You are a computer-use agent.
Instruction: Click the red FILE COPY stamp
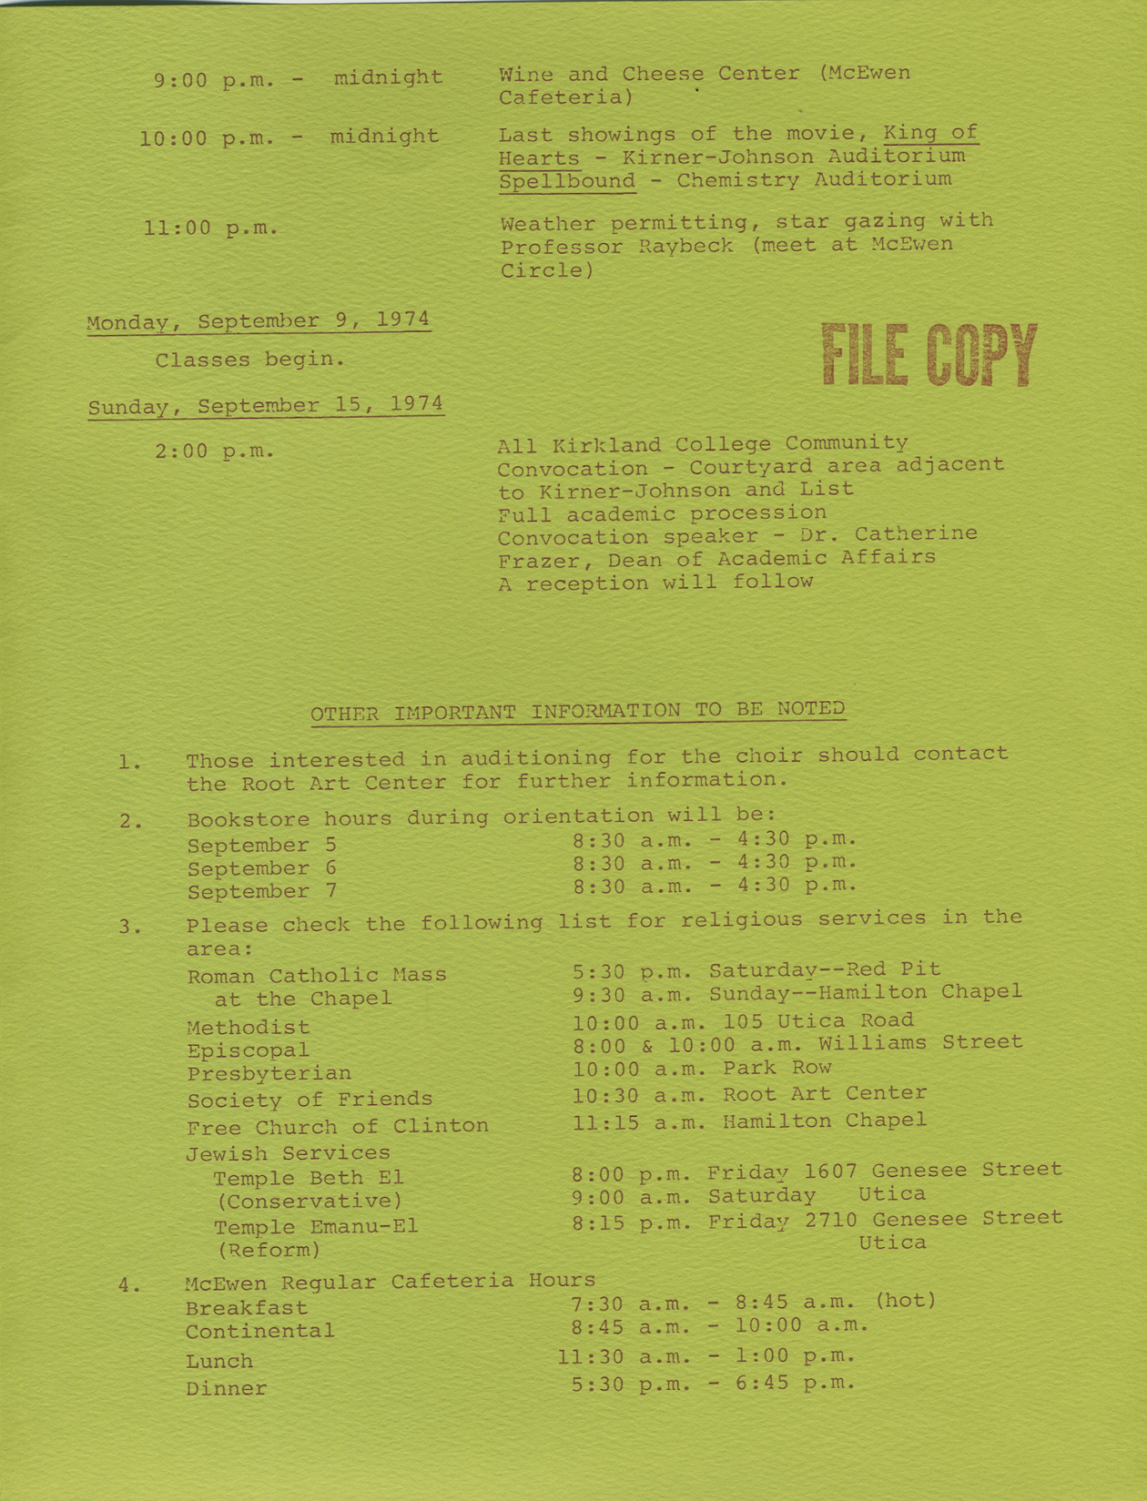coord(929,355)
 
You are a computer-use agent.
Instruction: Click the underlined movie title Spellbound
coord(566,180)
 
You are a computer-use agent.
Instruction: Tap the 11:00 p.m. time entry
coord(210,228)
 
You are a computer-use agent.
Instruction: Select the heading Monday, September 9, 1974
coord(258,321)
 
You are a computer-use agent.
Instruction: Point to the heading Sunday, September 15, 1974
coord(265,405)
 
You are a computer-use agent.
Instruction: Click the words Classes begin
coord(249,360)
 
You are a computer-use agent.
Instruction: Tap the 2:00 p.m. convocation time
coord(214,451)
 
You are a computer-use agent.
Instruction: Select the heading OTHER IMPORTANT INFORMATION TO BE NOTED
coord(577,711)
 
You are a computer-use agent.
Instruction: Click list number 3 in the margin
coord(129,928)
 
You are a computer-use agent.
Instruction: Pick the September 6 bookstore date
coord(261,868)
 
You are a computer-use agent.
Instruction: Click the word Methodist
coord(248,1027)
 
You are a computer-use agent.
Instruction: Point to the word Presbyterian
coord(269,1074)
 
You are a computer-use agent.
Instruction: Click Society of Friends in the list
coord(309,1100)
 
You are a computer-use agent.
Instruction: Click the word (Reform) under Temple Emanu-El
coord(269,1250)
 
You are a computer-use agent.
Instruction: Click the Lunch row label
coord(218,1361)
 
